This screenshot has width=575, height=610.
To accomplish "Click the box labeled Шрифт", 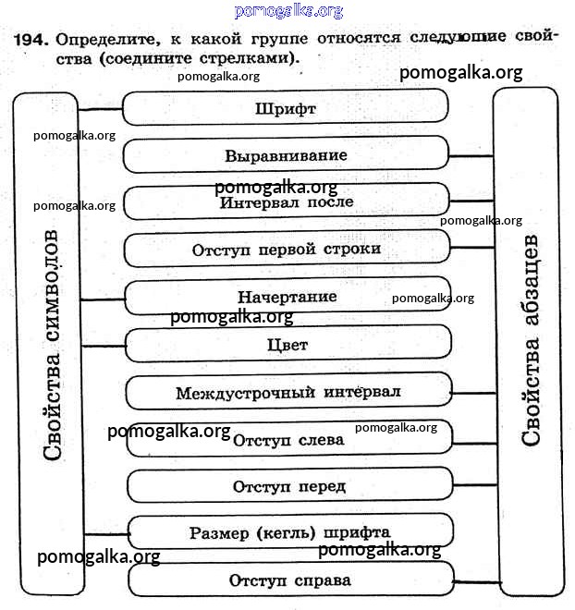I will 286,108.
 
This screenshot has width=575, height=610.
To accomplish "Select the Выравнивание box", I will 286,155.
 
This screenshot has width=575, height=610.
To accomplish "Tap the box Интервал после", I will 286,202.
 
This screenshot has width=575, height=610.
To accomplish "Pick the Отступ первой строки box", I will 286,250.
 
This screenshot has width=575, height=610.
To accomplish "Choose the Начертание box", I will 287,297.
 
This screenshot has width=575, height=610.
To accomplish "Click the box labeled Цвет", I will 287,345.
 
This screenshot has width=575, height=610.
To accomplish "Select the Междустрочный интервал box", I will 287,392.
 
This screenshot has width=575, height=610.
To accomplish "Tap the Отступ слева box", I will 288,439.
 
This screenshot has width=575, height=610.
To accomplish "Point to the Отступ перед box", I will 288,486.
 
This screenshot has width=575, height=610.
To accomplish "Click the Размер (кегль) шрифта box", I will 289,532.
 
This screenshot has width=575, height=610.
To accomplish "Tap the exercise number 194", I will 31,40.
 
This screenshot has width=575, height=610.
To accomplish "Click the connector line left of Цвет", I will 103,345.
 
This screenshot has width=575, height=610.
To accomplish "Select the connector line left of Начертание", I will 103,299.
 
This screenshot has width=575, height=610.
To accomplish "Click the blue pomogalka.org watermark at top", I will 288,10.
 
